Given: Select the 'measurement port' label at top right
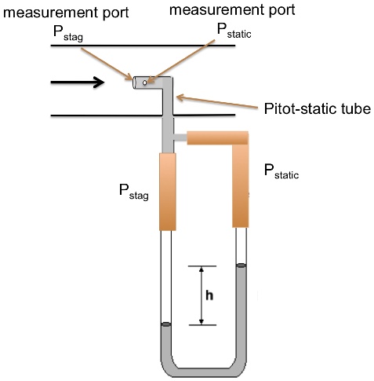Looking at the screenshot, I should pyautogui.click(x=233, y=10).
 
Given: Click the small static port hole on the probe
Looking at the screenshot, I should pyautogui.click(x=145, y=82).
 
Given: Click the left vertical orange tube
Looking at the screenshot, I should pyautogui.click(x=168, y=192).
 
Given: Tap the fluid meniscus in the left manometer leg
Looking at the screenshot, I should pyautogui.click(x=167, y=324).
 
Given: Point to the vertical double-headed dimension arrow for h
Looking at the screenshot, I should pyautogui.click(x=202, y=295).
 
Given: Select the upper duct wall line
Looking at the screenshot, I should pyautogui.click(x=142, y=46).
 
